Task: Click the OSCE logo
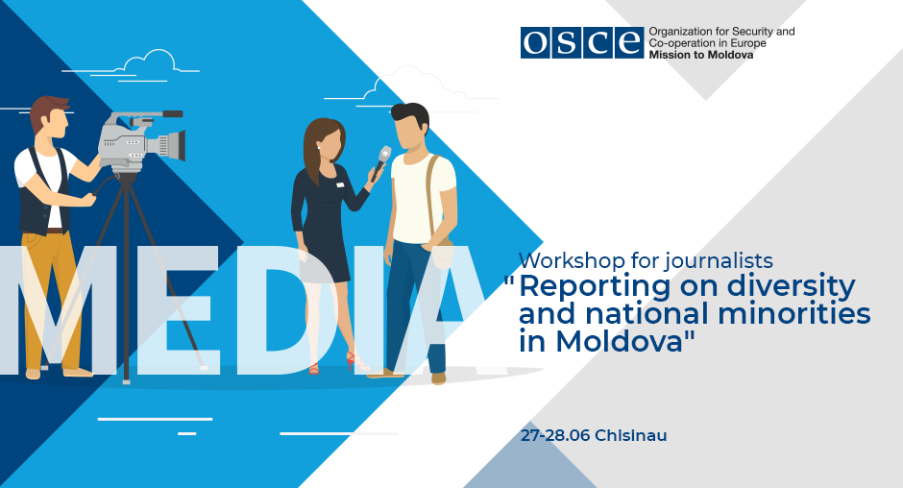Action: pyautogui.click(x=581, y=42)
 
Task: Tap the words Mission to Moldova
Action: pyautogui.click(x=701, y=56)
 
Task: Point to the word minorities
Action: pyautogui.click(x=794, y=314)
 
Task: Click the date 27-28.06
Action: pyautogui.click(x=555, y=435)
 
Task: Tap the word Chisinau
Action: pyautogui.click(x=630, y=435)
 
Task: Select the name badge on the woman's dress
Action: pyautogui.click(x=340, y=185)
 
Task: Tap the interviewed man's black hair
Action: pyautogui.click(x=411, y=115)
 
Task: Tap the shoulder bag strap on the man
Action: pyautogui.click(x=432, y=196)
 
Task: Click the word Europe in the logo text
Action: pyautogui.click(x=748, y=43)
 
